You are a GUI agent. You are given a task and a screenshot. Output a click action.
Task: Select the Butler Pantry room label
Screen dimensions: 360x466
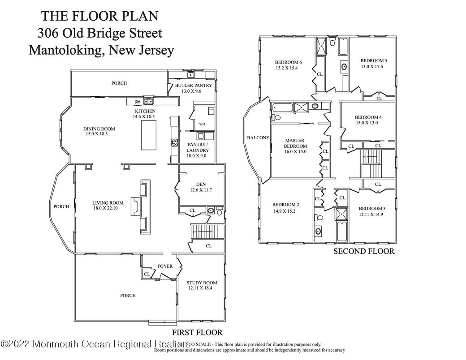click(x=194, y=85)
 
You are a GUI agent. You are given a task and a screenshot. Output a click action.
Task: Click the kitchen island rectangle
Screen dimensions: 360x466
click(x=149, y=135)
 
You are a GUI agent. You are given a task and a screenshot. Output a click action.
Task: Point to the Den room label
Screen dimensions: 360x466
click(x=201, y=184)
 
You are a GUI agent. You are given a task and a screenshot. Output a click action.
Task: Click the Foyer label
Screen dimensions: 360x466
click(x=164, y=266)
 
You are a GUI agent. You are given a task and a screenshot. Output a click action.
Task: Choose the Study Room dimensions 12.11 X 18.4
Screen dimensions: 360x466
click(x=203, y=288)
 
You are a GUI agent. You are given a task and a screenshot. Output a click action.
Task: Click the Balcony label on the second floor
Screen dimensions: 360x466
click(x=258, y=137)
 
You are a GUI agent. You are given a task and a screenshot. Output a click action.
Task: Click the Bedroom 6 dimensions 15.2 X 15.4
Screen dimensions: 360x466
click(x=287, y=68)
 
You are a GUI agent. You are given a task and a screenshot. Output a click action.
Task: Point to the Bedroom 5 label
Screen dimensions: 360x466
click(x=373, y=60)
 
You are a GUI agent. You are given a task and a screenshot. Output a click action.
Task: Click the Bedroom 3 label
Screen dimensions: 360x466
click(x=371, y=209)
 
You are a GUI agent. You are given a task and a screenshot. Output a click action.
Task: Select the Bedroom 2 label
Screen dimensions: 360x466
click(x=286, y=205)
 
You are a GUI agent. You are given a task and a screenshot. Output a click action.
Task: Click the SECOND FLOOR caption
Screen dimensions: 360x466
click(x=363, y=251)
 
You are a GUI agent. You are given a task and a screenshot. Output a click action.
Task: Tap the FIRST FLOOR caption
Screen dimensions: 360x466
click(x=197, y=332)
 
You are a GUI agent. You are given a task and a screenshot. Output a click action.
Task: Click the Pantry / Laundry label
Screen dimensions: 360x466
click(x=198, y=147)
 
